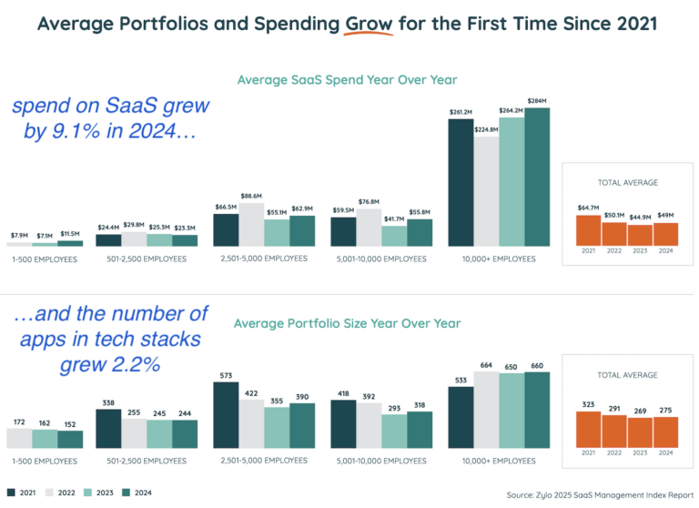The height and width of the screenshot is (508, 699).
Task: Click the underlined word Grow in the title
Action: pos(369,23)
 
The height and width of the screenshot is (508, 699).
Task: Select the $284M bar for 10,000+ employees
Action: pos(538,178)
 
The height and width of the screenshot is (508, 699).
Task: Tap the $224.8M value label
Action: pos(487,129)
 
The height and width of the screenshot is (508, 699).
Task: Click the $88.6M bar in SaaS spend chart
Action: pos(252,224)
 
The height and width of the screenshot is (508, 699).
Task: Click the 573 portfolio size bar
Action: pos(227,415)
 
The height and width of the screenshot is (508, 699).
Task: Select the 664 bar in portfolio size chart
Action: pos(487,410)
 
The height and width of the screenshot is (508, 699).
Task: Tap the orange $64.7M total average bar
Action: pos(589,231)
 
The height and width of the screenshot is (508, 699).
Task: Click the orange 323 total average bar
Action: pos(589,429)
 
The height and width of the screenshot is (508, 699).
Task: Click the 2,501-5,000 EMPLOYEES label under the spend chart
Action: pos(265,259)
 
